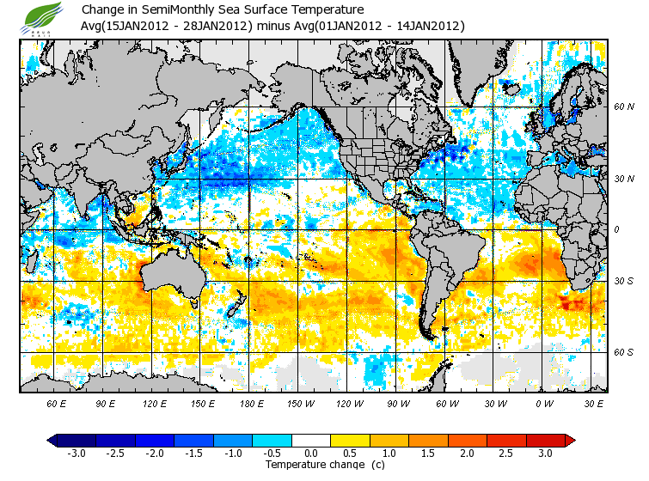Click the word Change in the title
tap(101, 9)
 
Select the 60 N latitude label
tap(623, 107)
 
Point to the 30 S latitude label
tap(623, 282)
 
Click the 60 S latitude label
tap(623, 352)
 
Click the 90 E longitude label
tap(106, 403)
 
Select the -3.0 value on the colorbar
tap(77, 453)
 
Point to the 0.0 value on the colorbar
tap(312, 453)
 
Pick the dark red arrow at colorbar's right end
tap(569, 440)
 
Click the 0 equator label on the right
tap(616, 230)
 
